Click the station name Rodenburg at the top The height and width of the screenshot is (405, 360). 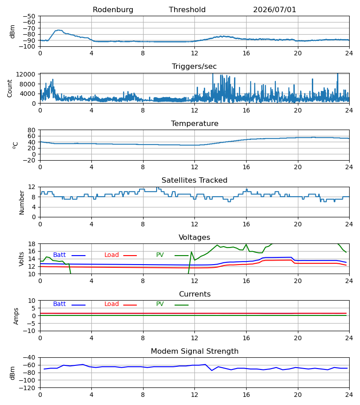click(113, 10)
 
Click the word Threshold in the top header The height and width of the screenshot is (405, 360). click(187, 10)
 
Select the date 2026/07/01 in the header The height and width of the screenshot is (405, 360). click(274, 10)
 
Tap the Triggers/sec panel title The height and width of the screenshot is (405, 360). click(194, 67)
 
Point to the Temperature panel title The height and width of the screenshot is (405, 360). click(194, 123)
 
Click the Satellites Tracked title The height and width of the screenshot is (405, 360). click(194, 180)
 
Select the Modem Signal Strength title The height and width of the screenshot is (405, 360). click(194, 351)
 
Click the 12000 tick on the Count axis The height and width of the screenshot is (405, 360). click(26, 74)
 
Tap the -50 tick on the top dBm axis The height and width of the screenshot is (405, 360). click(29, 16)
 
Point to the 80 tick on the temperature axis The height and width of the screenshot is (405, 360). click(31, 130)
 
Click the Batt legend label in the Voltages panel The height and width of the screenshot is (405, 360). click(59, 255)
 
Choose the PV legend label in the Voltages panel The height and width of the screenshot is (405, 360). click(160, 255)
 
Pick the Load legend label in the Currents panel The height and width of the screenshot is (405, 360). click(112, 304)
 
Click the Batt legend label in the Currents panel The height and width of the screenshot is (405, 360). click(59, 304)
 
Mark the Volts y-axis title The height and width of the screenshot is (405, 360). click(22, 259)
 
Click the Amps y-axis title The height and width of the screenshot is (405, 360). click(16, 316)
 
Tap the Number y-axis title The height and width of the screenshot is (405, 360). click(22, 202)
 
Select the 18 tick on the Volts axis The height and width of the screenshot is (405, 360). click(32, 244)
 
